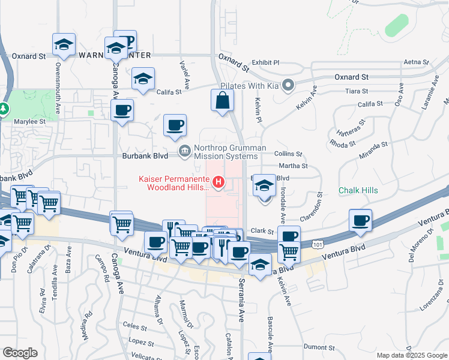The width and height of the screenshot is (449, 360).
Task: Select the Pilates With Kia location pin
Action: coord(288,85)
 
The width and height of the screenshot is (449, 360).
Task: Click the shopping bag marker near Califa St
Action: coord(222,101)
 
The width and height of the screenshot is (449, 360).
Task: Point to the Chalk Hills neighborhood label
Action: coord(358,190)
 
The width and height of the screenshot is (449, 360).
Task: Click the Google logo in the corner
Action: coord(20,353)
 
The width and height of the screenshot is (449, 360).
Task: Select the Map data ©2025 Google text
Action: coord(412,355)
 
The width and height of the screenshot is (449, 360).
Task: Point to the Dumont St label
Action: coord(319,347)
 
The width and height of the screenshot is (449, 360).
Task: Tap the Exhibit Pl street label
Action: coord(266,62)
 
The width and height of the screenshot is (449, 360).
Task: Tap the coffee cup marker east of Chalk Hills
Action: coord(360,220)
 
